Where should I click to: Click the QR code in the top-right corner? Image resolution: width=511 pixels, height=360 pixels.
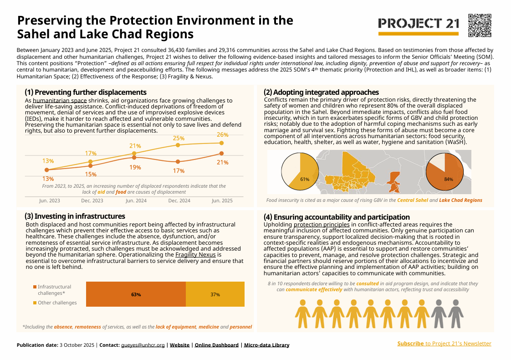click(480, 25)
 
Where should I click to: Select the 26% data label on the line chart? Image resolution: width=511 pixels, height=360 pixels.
click(222, 135)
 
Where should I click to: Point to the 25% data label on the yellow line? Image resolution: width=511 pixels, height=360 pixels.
click(179, 138)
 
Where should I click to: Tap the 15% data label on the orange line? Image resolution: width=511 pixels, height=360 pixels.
click(91, 174)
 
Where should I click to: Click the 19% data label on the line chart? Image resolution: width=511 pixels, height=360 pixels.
click(135, 167)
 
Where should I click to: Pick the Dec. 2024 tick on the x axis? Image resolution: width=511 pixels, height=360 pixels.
click(179, 201)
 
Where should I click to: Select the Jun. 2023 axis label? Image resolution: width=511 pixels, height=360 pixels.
click(50, 201)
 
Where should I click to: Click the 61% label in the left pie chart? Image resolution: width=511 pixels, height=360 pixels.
click(305, 179)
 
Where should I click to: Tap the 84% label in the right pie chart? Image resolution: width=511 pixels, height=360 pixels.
click(448, 179)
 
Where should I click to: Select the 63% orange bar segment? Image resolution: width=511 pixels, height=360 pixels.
click(136, 294)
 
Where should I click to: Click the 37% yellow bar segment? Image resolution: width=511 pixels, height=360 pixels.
click(215, 294)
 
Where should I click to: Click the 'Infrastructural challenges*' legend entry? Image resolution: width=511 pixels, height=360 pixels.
click(54, 290)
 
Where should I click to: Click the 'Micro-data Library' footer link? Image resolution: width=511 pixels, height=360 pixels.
click(266, 345)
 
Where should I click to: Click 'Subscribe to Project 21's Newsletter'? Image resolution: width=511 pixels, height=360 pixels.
click(444, 344)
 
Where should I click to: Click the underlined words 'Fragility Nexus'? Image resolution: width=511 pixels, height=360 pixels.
click(195, 255)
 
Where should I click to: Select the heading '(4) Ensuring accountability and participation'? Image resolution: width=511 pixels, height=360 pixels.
click(337, 217)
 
